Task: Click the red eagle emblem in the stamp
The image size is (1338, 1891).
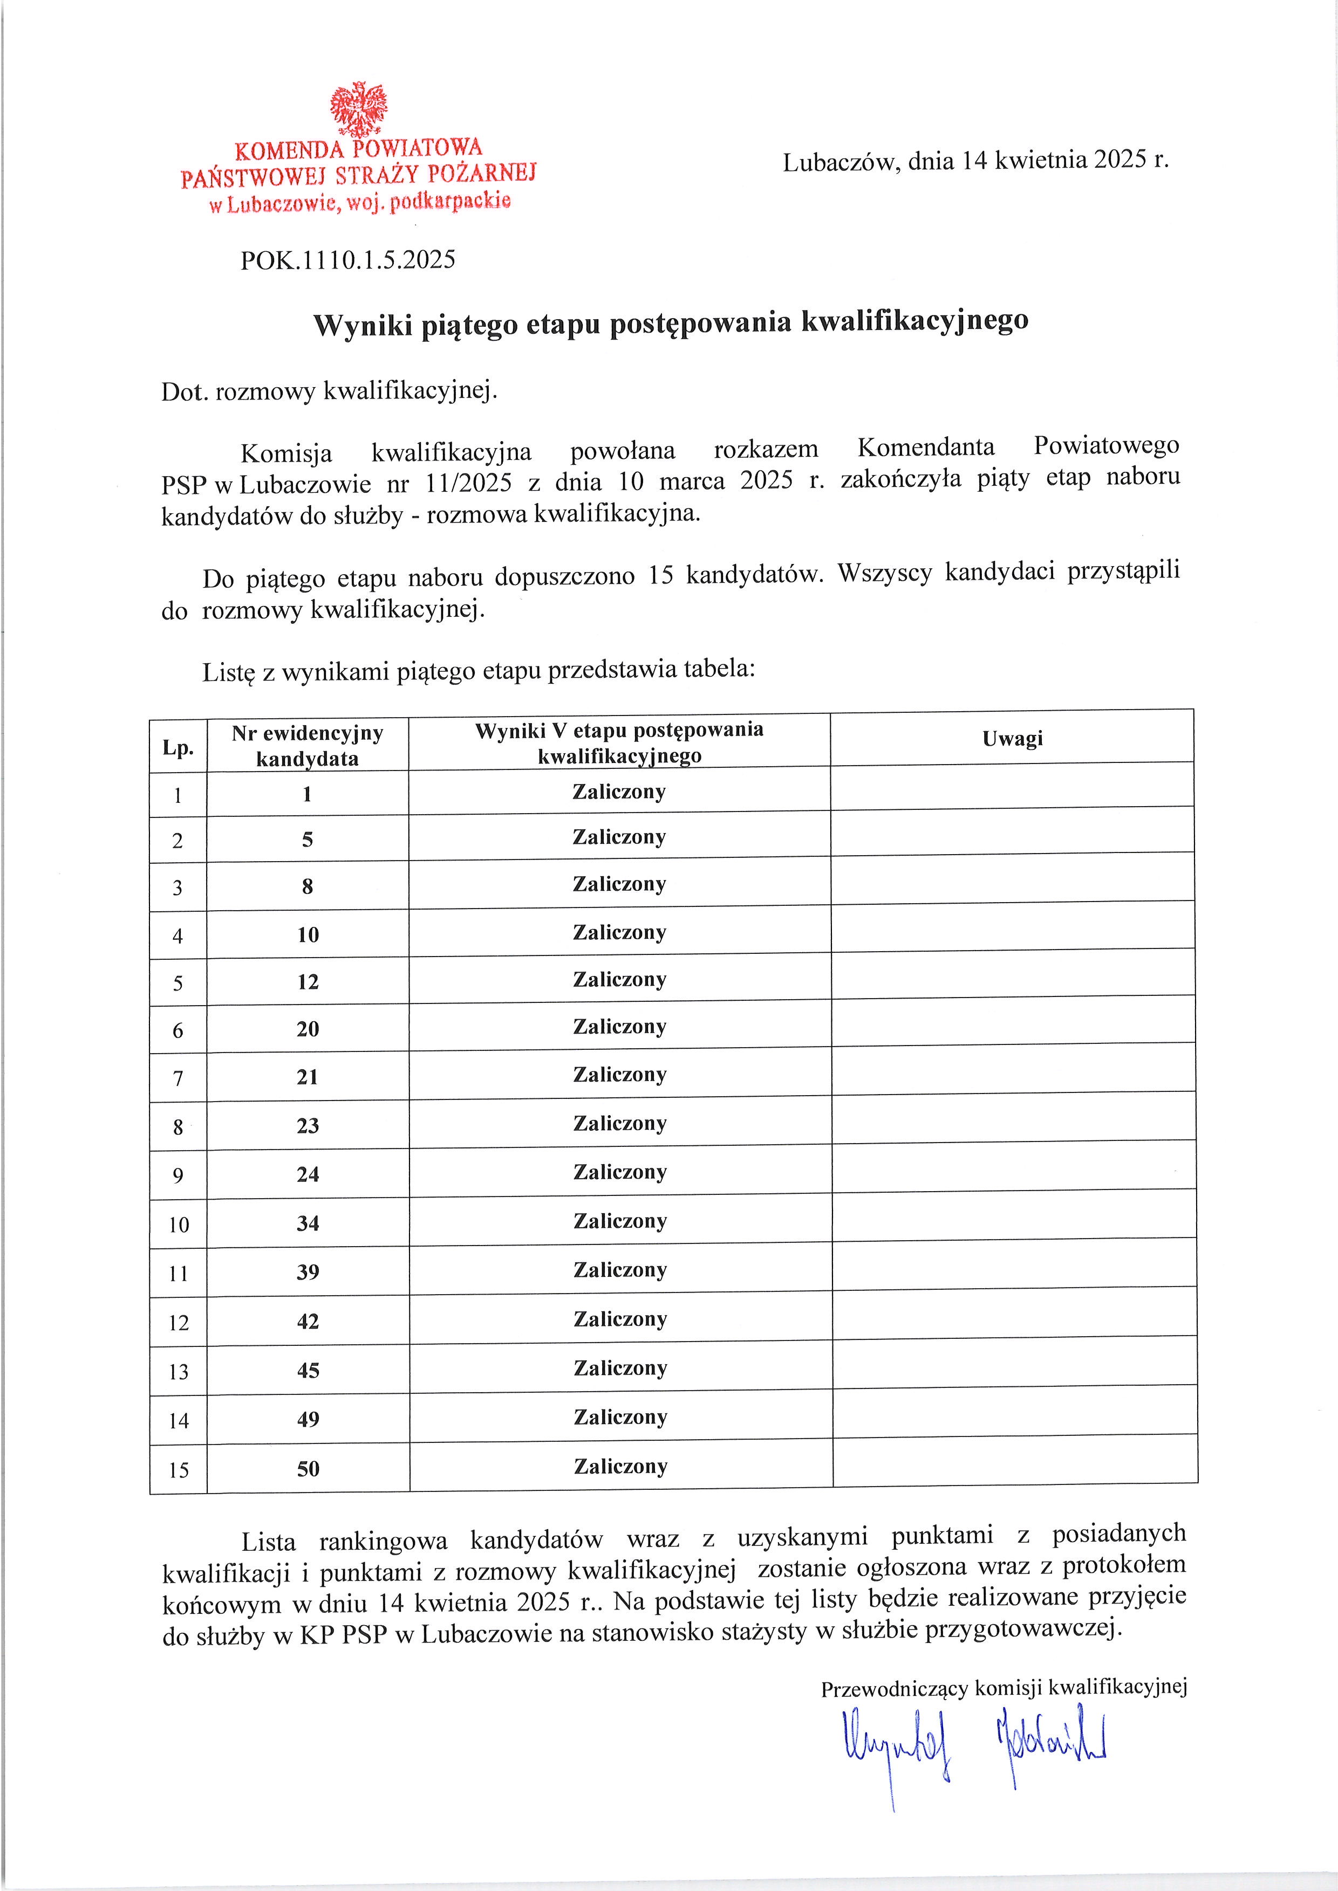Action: [358, 108]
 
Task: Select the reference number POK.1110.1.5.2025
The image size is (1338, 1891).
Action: [347, 260]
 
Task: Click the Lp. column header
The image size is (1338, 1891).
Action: [178, 748]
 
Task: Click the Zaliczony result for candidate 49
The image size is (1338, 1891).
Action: [620, 1418]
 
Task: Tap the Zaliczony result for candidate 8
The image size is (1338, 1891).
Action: [619, 884]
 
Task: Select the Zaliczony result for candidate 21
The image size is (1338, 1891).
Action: [619, 1075]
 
